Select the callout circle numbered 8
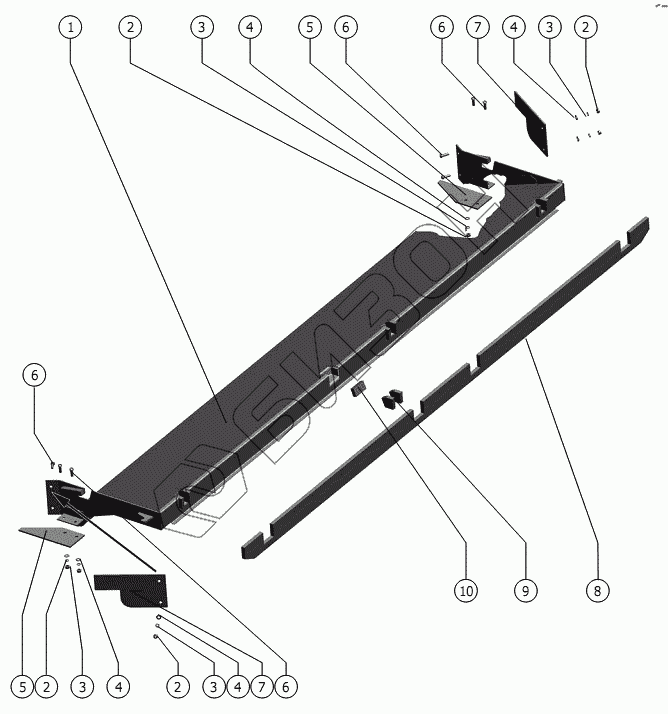coord(596,591)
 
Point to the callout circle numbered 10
coord(465,591)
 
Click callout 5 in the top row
coord(311,29)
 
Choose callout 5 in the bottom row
coord(20,687)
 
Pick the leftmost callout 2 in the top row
coord(128,29)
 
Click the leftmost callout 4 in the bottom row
coord(118,687)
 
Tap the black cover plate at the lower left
coord(130,592)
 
